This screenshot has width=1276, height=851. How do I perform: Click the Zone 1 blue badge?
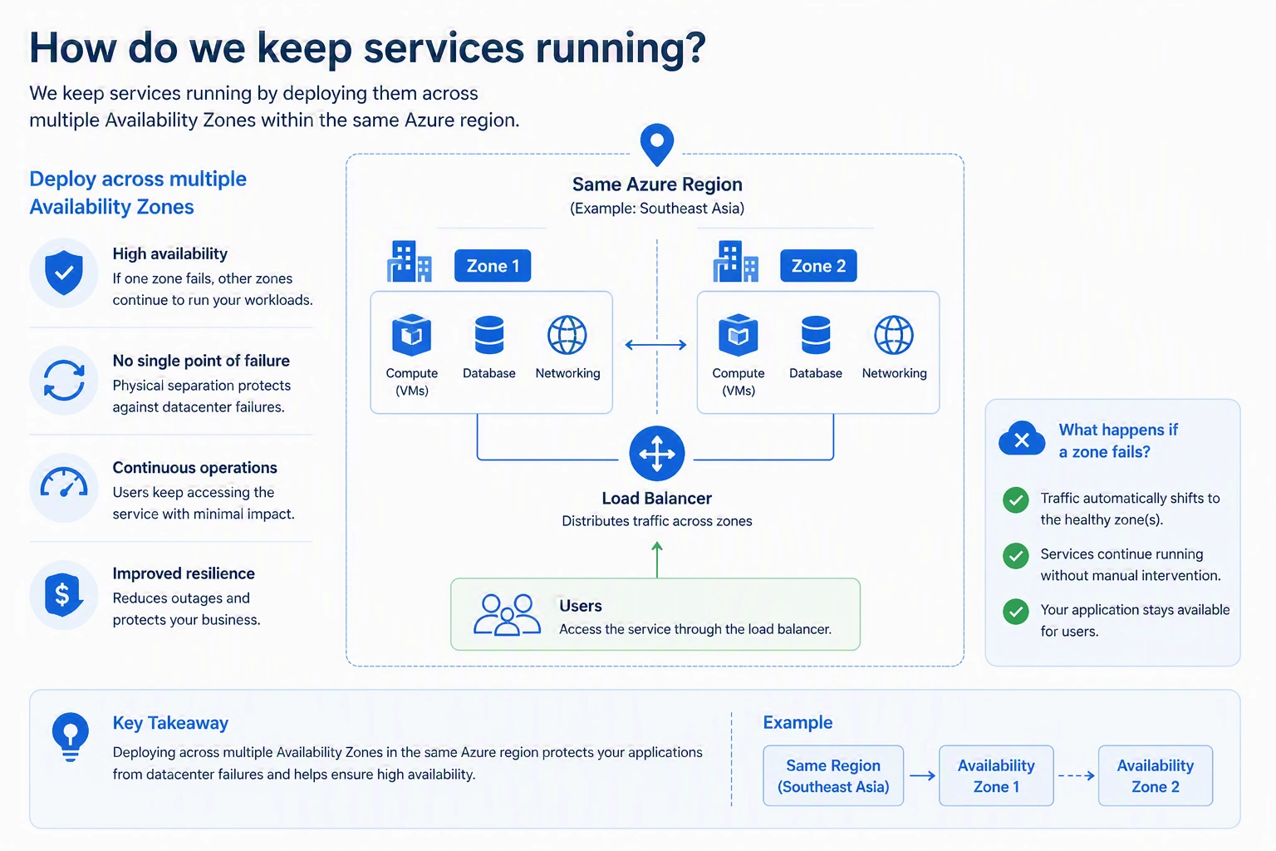point(492,266)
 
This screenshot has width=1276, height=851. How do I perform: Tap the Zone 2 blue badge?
point(818,266)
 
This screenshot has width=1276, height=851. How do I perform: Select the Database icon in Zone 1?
point(488,335)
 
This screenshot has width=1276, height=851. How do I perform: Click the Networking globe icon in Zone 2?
point(894,335)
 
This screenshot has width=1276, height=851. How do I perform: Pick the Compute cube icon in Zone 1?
point(411,335)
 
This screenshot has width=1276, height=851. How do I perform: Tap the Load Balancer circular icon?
point(657,454)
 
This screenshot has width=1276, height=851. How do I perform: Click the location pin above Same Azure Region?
point(657,145)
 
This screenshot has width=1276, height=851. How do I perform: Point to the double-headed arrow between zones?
point(655,345)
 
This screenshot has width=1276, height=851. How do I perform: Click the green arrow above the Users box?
point(657,559)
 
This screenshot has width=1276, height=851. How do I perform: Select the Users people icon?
point(507,614)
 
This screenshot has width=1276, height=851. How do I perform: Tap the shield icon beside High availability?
point(64,273)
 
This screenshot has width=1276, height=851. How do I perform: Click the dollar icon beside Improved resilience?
point(63,595)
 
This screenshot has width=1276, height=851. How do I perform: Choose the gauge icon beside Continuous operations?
point(64,483)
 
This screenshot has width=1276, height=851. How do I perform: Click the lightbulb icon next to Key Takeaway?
point(70,737)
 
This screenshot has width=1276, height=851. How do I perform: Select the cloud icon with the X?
point(1021,438)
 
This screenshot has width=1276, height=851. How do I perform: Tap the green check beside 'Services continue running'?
point(1015,556)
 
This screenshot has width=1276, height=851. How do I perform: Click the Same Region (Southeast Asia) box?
point(833,775)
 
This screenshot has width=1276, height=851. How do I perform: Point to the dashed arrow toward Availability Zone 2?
point(1076,775)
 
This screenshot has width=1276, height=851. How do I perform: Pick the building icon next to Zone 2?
point(735,262)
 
